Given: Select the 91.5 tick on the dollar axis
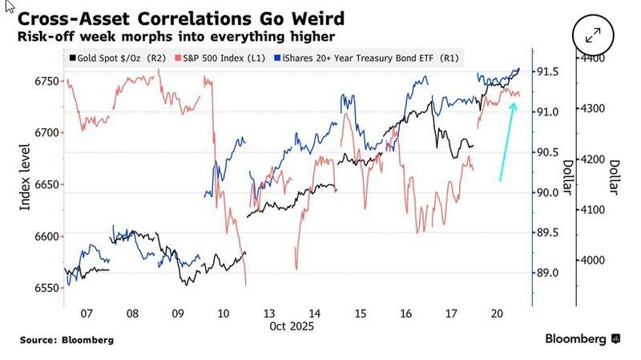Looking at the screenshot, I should click(x=549, y=71).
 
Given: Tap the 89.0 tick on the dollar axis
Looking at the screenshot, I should click(x=549, y=273).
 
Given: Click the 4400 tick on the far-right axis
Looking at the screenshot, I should click(x=594, y=59).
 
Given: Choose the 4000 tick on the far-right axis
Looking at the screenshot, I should click(x=594, y=261).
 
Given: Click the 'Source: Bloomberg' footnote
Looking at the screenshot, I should click(x=67, y=340).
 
